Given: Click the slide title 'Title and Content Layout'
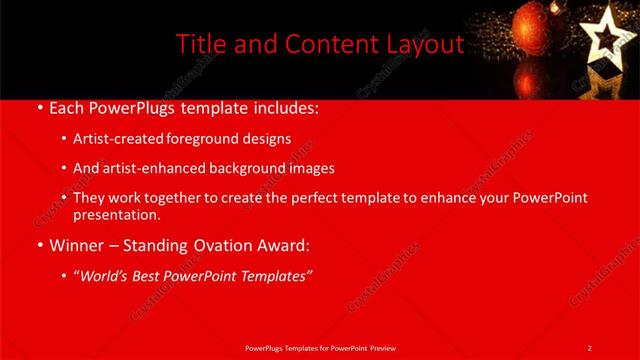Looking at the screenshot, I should (x=319, y=45).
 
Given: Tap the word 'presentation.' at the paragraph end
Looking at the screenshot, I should (x=117, y=215).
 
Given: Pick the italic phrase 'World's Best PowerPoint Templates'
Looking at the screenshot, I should (x=191, y=276).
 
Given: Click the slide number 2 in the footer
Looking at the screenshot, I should (x=590, y=347).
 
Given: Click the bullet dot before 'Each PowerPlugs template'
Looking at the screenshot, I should (x=39, y=106).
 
